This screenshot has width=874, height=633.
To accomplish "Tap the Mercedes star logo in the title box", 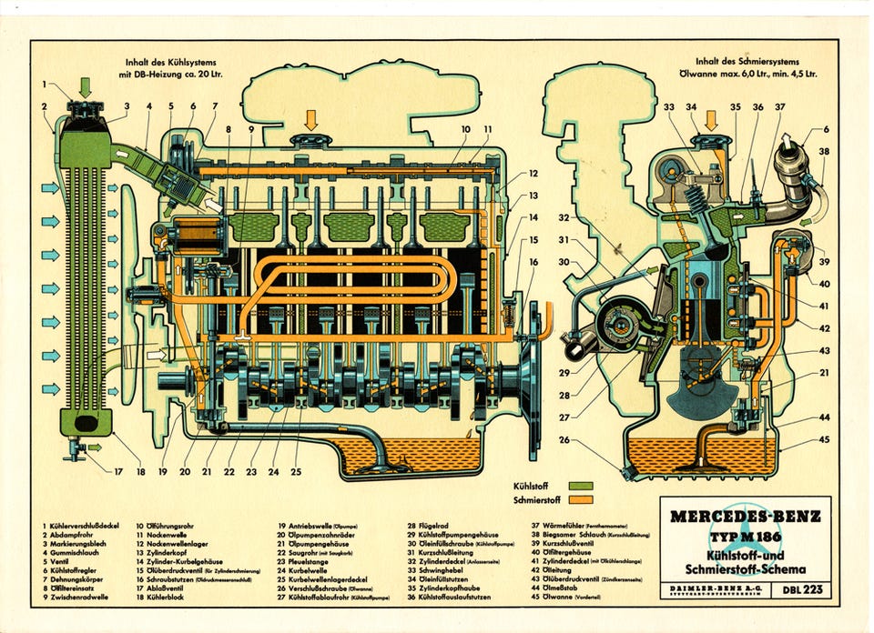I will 746,538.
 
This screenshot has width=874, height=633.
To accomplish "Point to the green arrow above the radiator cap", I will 86,88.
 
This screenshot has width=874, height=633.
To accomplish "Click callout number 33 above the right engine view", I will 669,107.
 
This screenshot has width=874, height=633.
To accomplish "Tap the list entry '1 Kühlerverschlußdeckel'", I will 83,526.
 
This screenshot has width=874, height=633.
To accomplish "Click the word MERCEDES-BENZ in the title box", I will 745,516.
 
